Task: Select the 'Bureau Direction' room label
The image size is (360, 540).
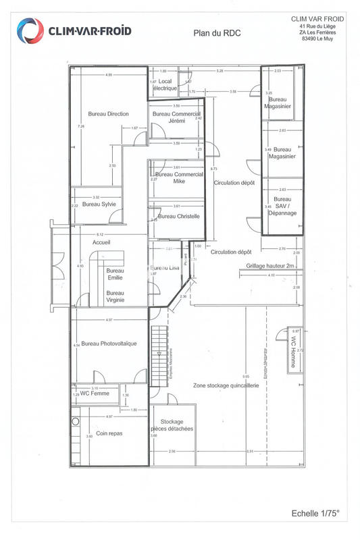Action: pyautogui.click(x=108, y=114)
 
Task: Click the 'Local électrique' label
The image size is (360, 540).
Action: pyautogui.click(x=165, y=85)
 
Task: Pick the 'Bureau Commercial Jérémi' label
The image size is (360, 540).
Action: pyautogui.click(x=176, y=117)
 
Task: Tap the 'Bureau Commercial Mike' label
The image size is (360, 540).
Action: pyautogui.click(x=179, y=178)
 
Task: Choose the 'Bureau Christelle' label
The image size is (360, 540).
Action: pyautogui.click(x=178, y=216)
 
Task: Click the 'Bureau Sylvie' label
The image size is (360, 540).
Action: pyautogui.click(x=99, y=204)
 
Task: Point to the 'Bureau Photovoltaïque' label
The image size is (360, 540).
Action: pyautogui.click(x=109, y=344)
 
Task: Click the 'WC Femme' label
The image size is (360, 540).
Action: pyautogui.click(x=95, y=394)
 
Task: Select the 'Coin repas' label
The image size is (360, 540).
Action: pyautogui.click(x=108, y=433)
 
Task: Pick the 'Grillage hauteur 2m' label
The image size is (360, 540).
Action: pyautogui.click(x=271, y=267)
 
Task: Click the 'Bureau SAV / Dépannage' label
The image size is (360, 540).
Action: pyautogui.click(x=282, y=206)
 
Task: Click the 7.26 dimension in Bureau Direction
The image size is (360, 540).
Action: pyautogui.click(x=81, y=126)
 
